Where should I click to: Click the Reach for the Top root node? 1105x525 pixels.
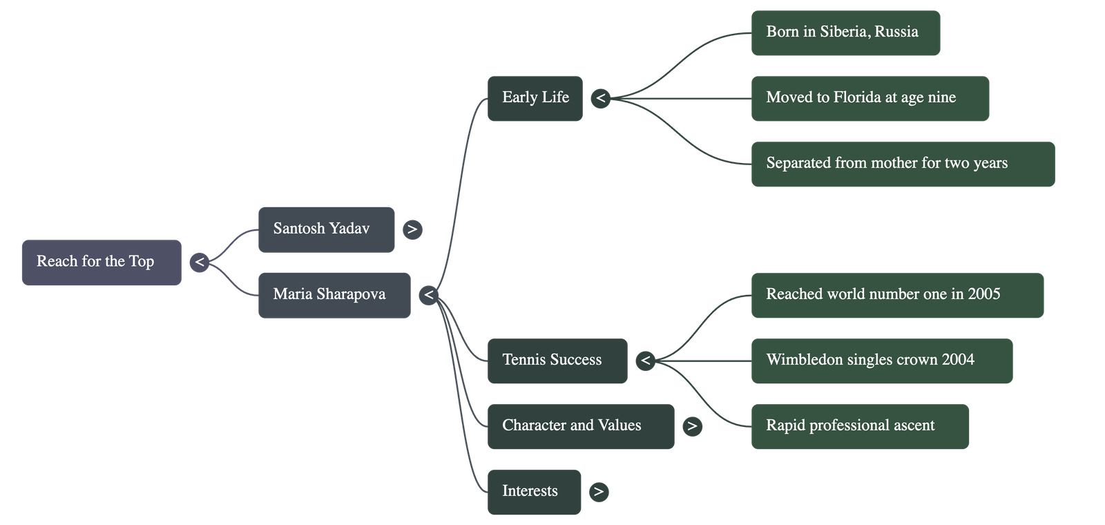[102, 262]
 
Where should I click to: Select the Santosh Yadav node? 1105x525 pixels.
[326, 229]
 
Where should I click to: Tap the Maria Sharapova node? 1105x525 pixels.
[334, 295]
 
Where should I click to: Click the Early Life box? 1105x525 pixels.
[535, 99]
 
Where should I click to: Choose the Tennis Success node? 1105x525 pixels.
[557, 361]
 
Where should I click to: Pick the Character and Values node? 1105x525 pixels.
[580, 426]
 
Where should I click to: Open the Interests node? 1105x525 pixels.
[534, 492]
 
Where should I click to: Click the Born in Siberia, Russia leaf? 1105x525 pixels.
[845, 32]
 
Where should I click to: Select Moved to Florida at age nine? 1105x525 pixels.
[869, 99]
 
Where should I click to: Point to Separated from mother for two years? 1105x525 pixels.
[902, 164]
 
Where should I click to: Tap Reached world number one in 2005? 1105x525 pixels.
[896, 295]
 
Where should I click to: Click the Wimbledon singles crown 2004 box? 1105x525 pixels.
[881, 361]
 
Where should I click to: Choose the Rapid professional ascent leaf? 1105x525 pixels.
[859, 426]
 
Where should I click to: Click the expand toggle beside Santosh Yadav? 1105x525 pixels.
[412, 229]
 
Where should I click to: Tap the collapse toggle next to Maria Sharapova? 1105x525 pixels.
[429, 295]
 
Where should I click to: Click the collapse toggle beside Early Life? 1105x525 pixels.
[601, 99]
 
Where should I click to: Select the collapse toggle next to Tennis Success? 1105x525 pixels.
[645, 361]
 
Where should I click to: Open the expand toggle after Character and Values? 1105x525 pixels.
[692, 426]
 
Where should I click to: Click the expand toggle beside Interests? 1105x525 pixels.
[599, 492]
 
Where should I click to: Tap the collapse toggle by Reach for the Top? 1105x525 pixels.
[199, 262]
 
